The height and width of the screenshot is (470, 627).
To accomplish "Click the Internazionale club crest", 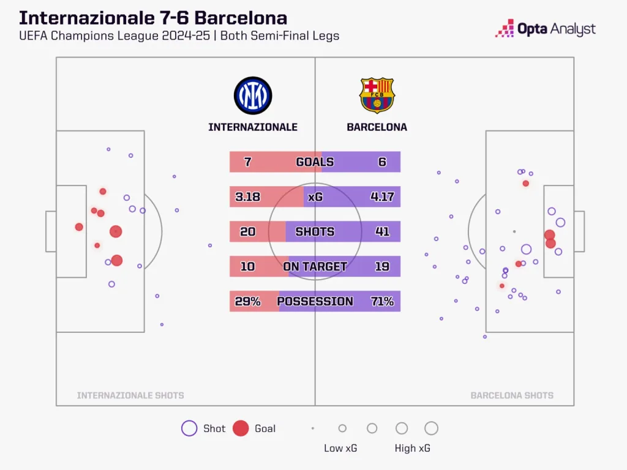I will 253,95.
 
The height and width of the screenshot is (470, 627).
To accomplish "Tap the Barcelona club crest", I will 377,95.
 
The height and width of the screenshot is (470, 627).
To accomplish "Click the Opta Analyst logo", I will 545,29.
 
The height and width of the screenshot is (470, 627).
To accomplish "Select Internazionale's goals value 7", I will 247,162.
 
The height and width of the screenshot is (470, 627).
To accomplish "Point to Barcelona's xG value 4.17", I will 382,197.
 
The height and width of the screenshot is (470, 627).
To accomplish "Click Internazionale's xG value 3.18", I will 247,197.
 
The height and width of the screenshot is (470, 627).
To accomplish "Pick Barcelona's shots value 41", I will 382,232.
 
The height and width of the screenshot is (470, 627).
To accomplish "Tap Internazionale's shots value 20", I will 247,232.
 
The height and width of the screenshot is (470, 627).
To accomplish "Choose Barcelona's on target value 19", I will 382,267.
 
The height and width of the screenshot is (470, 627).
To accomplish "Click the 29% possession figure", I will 247,302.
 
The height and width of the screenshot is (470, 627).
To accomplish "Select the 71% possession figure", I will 382,302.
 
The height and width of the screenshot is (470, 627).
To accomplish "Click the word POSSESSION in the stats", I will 315,302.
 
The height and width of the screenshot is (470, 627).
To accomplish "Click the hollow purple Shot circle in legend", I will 189,428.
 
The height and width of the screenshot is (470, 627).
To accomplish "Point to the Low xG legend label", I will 340,449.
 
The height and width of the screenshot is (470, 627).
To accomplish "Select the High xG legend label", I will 413,449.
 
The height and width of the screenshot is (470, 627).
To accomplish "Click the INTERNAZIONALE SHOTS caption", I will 130,396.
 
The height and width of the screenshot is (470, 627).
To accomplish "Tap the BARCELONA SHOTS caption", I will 512,396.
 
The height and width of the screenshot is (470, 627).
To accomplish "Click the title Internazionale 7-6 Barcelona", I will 153,18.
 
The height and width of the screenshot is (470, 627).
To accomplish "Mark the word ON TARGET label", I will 315,267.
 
